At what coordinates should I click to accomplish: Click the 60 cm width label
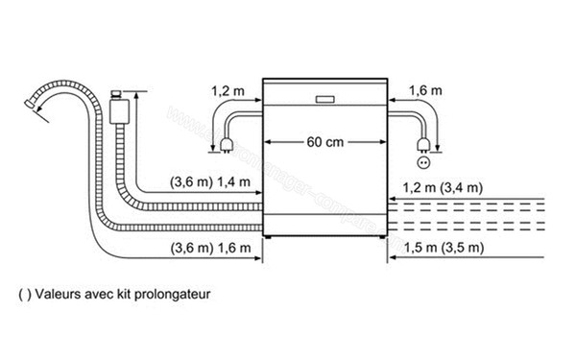(325, 142)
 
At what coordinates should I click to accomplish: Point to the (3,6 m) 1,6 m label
(209, 248)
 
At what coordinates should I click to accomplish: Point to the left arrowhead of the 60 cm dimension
(268, 142)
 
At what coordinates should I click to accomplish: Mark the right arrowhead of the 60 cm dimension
(383, 142)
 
